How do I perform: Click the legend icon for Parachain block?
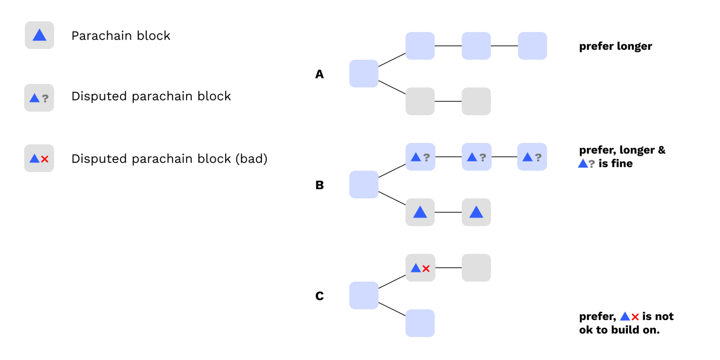39,35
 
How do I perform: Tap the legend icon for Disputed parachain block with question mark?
39,98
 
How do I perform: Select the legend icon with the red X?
39,158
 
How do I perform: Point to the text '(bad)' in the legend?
251,159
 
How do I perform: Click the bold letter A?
319,74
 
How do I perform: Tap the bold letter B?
319,185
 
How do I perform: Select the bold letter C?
319,296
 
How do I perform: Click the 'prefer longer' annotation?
616,46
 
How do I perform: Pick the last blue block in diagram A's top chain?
532,46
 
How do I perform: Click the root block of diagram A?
364,73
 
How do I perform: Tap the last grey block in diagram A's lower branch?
476,101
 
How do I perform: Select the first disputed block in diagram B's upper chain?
420,157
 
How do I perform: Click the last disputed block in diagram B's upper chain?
532,157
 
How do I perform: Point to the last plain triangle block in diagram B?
476,212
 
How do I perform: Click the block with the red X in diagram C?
420,268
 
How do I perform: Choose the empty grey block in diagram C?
476,268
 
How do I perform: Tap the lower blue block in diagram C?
420,323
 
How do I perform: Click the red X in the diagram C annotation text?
635,317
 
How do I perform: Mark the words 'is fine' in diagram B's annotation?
616,163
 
